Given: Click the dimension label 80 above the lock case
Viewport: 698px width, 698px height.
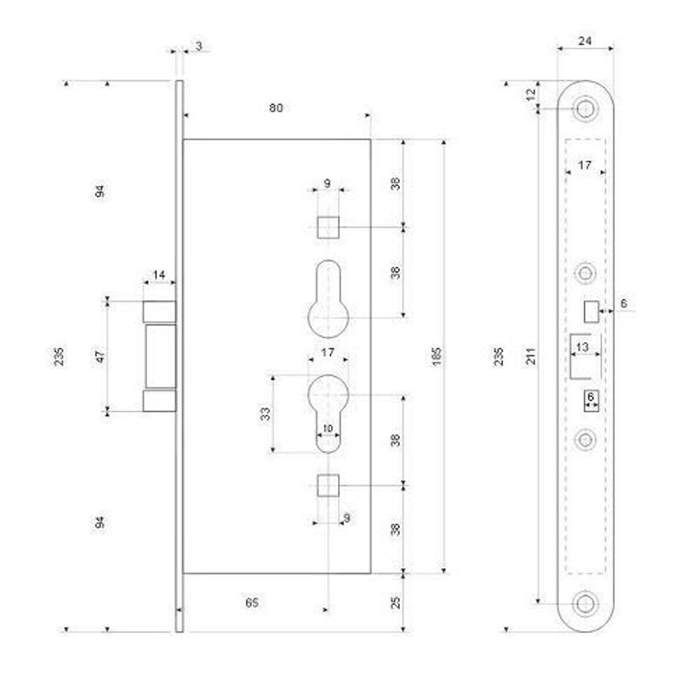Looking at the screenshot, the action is click(x=276, y=108).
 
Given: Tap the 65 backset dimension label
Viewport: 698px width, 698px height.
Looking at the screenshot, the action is click(x=252, y=602).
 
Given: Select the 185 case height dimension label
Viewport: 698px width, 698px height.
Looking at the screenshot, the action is click(x=436, y=357).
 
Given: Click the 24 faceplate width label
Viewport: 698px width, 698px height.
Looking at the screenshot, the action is click(x=584, y=41).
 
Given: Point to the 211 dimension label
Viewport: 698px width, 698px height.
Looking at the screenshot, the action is click(x=531, y=357).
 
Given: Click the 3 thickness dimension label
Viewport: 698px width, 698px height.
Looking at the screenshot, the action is click(x=198, y=46).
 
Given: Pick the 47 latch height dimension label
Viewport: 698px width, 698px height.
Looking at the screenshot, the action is click(x=101, y=357).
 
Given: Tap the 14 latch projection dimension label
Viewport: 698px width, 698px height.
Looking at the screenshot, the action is click(x=159, y=274).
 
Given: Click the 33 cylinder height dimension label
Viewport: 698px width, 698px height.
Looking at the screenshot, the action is click(x=265, y=414).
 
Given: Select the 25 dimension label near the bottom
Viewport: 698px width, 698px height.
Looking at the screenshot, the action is click(x=395, y=603).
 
